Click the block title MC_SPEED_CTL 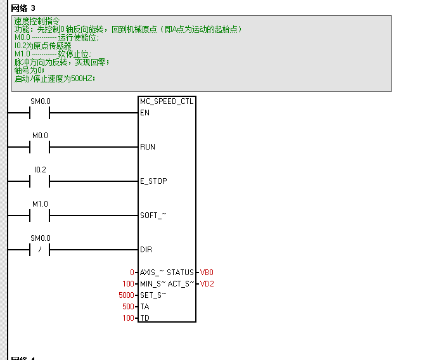click(167, 101)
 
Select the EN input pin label click(145, 113)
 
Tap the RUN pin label click(148, 147)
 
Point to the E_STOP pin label click(153, 181)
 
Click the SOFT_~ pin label click(153, 215)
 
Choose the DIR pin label click(146, 250)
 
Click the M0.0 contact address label click(40, 136)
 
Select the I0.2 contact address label click(40, 170)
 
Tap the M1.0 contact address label click(40, 204)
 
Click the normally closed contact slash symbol click(40, 250)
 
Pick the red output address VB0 click(207, 273)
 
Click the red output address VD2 click(207, 284)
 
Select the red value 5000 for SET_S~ click(126, 295)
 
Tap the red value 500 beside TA click(128, 307)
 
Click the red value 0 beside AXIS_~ click(132, 273)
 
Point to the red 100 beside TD click(128, 318)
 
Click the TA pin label click(144, 307)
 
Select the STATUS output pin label click(180, 273)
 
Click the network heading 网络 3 click(23, 8)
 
